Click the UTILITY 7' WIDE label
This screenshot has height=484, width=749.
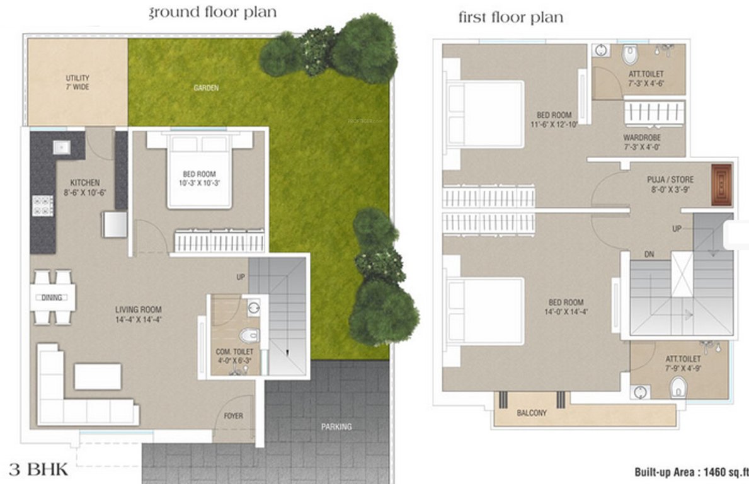pyautogui.click(x=77, y=83)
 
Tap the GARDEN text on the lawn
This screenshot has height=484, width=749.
pyautogui.click(x=206, y=88)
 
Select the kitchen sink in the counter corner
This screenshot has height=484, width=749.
pyautogui.click(x=62, y=147)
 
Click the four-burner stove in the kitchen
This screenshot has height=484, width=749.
pyautogui.click(x=43, y=206)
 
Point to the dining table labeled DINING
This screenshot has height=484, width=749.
pyautogui.click(x=53, y=297)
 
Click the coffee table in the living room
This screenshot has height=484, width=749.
pyautogui.click(x=98, y=376)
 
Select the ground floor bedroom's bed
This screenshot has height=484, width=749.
pyautogui.click(x=200, y=172)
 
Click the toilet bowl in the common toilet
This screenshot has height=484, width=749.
pyautogui.click(x=250, y=334)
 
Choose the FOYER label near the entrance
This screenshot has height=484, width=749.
pyautogui.click(x=233, y=416)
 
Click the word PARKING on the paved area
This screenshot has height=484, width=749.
pyautogui.click(x=336, y=427)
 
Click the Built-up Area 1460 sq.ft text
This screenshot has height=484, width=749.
pyautogui.click(x=689, y=471)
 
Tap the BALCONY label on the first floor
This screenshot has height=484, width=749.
pyautogui.click(x=532, y=413)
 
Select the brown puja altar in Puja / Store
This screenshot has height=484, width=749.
pyautogui.click(x=722, y=184)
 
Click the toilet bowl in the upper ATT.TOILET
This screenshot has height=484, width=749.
pyautogui.click(x=629, y=55)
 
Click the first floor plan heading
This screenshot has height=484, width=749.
pyautogui.click(x=511, y=18)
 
